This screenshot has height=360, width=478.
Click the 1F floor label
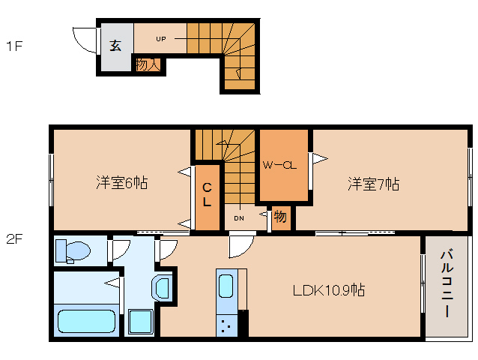(x=14, y=46)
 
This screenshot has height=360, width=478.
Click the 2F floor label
(x=14, y=239)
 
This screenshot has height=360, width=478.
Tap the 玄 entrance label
(x=115, y=46)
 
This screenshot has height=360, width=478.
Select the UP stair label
(x=161, y=39)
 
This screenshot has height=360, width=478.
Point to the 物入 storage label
(x=148, y=64)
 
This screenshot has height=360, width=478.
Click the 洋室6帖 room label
(x=122, y=183)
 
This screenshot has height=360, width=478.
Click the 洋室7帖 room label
(x=373, y=184)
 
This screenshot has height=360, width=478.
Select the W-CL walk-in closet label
(x=279, y=165)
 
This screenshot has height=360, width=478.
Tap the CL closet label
(x=207, y=195)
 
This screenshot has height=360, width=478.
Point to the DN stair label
(x=239, y=218)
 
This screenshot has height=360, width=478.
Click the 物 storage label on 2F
(x=280, y=216)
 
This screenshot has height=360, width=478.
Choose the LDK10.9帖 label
(x=329, y=289)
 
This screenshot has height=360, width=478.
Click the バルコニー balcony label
(x=447, y=283)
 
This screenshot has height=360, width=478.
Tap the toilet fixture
(x=73, y=251)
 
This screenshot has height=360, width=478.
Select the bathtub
(x=87, y=321)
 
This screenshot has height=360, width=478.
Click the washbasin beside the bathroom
(x=162, y=288)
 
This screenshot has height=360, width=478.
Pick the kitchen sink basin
(x=226, y=286)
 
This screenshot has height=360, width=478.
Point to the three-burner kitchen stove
(x=226, y=325)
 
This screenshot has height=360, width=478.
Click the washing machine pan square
(x=141, y=322)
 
